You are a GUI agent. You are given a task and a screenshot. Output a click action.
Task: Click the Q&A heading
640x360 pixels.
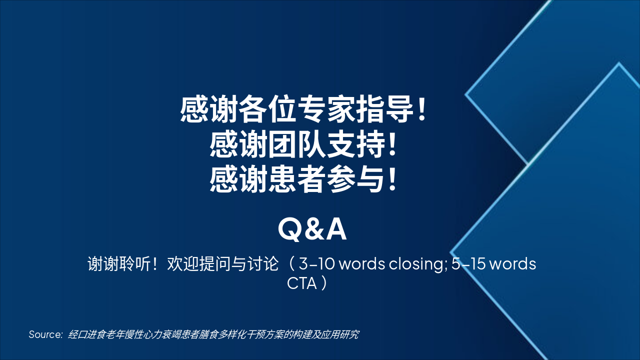click(x=312, y=229)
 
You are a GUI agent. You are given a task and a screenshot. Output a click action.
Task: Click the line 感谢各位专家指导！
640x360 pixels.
click(x=304, y=110)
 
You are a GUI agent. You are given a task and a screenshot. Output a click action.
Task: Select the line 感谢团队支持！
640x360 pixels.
click(x=304, y=145)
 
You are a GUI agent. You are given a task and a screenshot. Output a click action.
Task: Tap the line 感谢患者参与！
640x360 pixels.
click(x=304, y=179)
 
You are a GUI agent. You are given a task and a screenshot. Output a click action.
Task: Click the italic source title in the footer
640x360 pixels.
click(x=213, y=334)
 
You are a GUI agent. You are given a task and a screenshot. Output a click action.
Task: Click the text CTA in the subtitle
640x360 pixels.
click(x=302, y=283)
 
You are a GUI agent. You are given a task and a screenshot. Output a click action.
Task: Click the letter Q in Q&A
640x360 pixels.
click(x=288, y=229)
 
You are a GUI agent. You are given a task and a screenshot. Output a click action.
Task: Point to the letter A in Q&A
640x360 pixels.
click(x=336, y=229)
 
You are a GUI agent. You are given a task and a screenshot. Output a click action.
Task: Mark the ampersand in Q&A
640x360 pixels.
click(x=313, y=229)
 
